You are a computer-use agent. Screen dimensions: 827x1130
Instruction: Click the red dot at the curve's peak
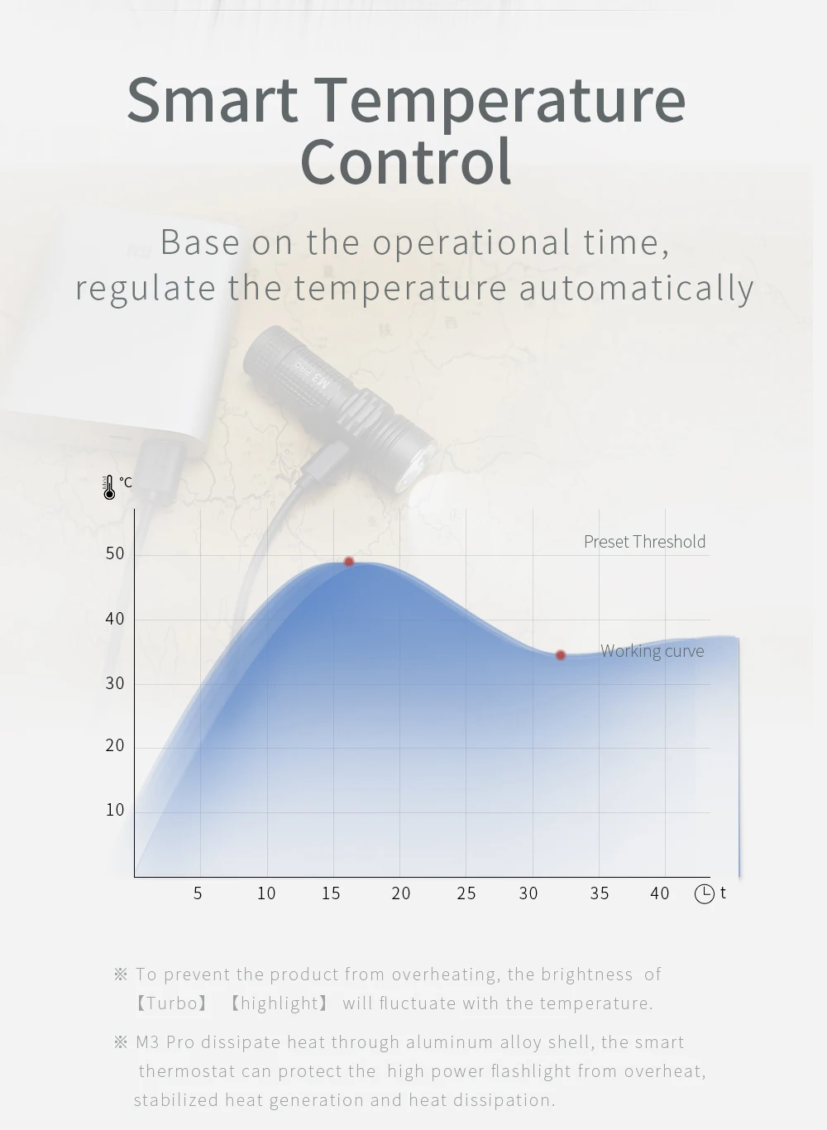coord(348,562)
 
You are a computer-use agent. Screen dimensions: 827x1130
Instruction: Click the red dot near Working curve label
coord(560,655)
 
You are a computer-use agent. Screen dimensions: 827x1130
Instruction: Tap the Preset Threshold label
coord(644,542)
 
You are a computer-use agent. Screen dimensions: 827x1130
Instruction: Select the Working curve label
coord(652,651)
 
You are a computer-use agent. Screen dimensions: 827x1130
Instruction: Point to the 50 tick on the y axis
coord(115,554)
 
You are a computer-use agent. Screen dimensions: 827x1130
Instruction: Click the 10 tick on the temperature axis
coord(115,810)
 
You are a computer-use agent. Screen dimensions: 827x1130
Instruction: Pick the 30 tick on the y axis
coord(115,683)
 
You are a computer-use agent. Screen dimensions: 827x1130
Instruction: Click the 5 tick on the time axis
coord(198,893)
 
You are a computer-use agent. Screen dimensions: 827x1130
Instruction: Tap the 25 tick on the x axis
coord(466,893)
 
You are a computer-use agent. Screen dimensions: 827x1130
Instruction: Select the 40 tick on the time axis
coord(660,893)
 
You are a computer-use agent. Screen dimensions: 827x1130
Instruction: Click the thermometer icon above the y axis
coord(109,487)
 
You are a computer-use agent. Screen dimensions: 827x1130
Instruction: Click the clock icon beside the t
coord(705,894)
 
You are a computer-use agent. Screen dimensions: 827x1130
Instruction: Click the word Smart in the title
coord(213,99)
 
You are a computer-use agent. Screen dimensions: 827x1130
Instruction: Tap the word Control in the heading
coord(406,162)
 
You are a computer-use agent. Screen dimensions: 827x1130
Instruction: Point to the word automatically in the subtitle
coord(637,288)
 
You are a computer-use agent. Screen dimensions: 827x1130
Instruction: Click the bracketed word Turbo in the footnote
coord(172,1003)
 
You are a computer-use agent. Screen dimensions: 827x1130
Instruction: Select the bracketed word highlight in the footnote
coord(279,1003)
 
